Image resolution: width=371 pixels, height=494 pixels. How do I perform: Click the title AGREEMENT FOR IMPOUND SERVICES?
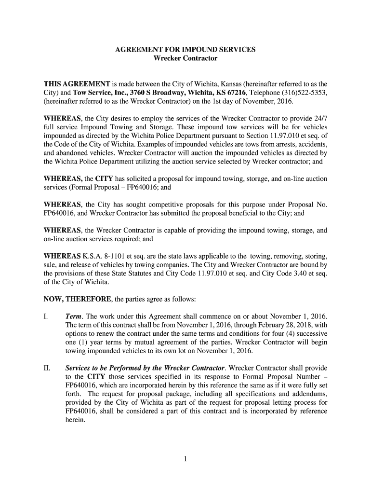coord(185,50)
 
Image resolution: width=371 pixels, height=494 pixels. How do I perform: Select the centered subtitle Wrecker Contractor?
coord(185,58)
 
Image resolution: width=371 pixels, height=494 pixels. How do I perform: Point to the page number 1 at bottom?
coord(185,459)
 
